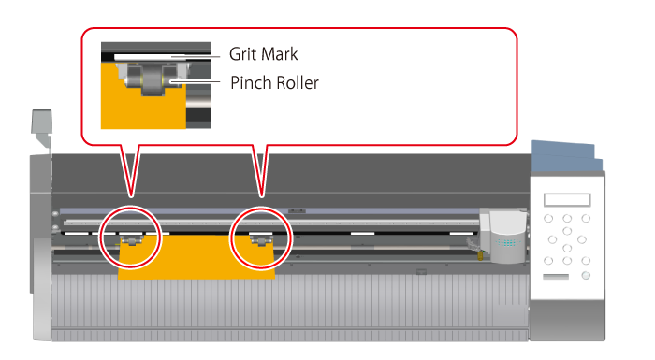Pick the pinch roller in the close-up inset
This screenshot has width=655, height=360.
[153, 79]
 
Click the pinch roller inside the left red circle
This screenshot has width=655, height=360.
[132, 240]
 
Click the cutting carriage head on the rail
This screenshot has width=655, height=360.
[504, 237]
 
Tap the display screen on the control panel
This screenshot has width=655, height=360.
[567, 200]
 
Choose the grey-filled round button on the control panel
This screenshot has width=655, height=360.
[586, 276]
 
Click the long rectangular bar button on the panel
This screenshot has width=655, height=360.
[556, 277]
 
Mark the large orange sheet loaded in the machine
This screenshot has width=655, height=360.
[196, 256]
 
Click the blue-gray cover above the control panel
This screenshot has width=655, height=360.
[566, 156]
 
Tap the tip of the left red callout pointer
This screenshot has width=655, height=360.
[131, 196]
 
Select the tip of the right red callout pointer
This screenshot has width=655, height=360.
[261, 196]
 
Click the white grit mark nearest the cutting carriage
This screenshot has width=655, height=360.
[461, 233]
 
